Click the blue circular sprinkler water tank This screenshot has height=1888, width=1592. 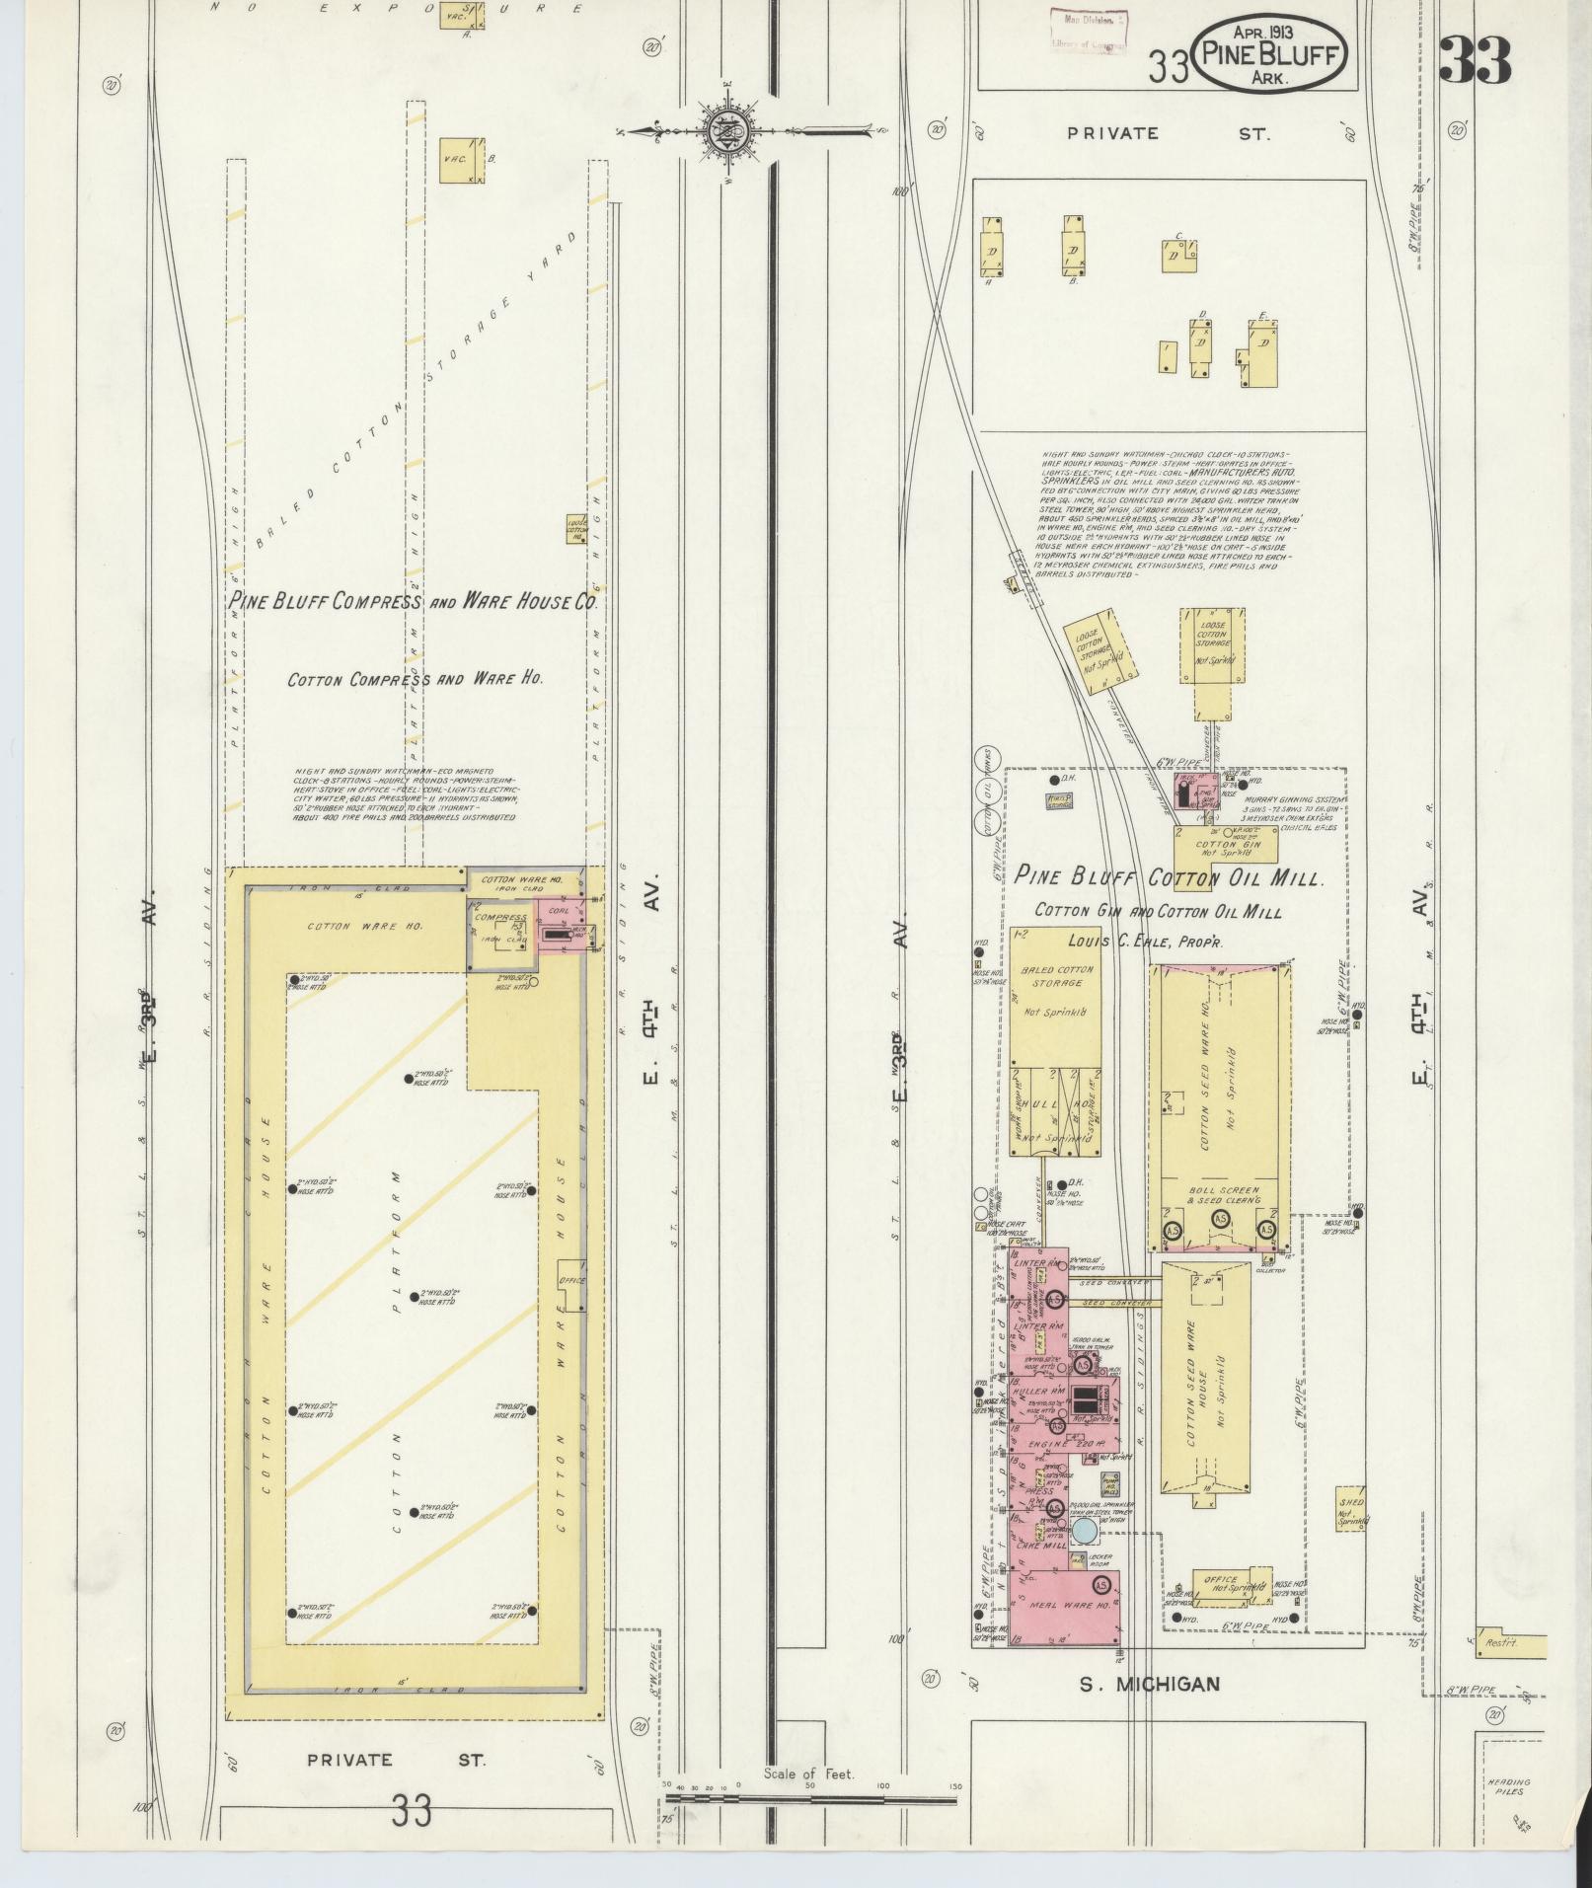pos(1083,1532)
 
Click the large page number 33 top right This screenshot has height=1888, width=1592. pos(1476,61)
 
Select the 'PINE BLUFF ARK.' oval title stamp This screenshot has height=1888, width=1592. pos(1270,57)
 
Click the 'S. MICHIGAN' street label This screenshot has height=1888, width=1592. pos(1149,1685)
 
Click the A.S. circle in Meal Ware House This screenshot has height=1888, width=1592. pos(1101,1582)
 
